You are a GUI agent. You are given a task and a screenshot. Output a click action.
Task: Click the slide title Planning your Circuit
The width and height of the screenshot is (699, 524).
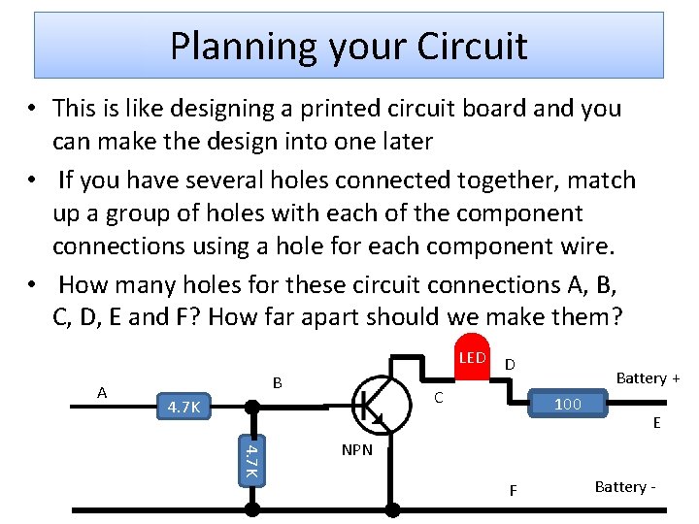pyautogui.click(x=349, y=46)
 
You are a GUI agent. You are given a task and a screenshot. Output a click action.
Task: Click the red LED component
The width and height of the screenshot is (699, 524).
pyautogui.click(x=472, y=362)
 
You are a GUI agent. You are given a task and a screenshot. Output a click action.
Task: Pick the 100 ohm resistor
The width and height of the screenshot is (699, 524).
pyautogui.click(x=567, y=403)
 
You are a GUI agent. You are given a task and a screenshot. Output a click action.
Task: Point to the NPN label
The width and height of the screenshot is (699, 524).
pyautogui.click(x=356, y=449)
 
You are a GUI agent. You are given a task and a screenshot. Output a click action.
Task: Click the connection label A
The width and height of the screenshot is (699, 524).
pyautogui.click(x=102, y=392)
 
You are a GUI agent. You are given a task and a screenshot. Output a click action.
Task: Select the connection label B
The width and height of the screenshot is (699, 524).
pyautogui.click(x=277, y=383)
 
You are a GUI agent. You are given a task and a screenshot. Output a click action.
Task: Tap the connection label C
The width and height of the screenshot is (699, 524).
pyautogui.click(x=439, y=397)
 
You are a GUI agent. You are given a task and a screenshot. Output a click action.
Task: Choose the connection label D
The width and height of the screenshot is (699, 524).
pyautogui.click(x=510, y=364)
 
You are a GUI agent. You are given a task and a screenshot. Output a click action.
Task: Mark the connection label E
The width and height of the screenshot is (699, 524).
pyautogui.click(x=657, y=423)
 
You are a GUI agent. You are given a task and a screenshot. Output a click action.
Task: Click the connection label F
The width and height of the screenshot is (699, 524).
pyautogui.click(x=514, y=490)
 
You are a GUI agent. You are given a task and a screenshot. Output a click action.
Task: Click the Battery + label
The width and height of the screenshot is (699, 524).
pyautogui.click(x=648, y=377)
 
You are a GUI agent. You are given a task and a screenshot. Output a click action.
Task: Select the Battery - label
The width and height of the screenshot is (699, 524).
pyautogui.click(x=626, y=486)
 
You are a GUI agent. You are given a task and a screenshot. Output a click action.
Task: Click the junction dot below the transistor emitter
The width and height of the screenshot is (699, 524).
pyautogui.click(x=392, y=508)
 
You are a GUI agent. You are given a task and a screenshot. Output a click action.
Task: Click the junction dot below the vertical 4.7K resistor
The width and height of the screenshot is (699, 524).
pyautogui.click(x=250, y=508)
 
